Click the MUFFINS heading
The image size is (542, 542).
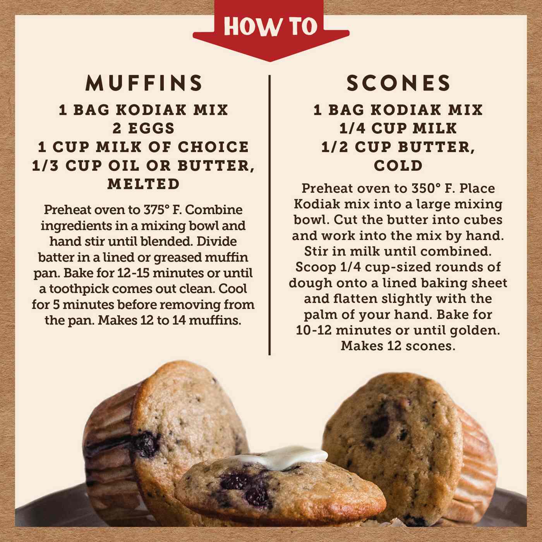coord(144,83)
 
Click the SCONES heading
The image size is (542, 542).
coord(398,83)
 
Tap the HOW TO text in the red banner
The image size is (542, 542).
coord(271,27)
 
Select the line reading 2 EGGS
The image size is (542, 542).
coord(144,128)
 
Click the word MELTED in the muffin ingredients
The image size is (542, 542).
coord(144,184)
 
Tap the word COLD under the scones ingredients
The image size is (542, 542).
coord(398,165)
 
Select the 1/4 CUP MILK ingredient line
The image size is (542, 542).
coord(398,128)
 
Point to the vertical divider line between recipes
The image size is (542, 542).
coord(269,215)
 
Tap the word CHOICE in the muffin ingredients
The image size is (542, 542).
coord(214,147)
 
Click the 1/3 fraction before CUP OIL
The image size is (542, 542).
coord(46,165)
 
